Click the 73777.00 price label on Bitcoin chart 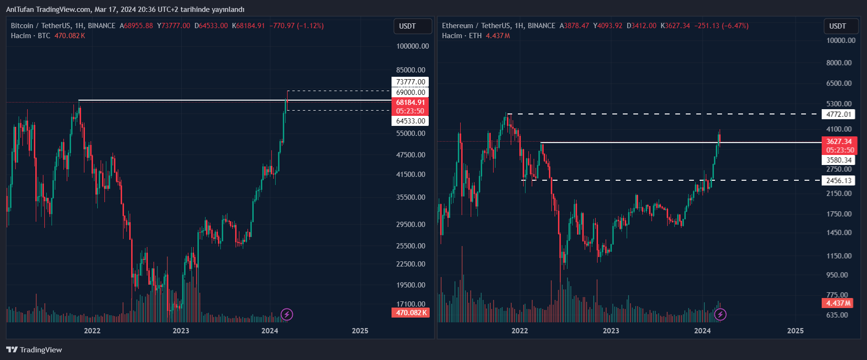(x=410, y=82)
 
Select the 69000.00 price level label (x=410, y=93)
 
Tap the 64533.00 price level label (x=410, y=121)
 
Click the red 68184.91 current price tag (x=410, y=103)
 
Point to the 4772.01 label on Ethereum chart (x=838, y=114)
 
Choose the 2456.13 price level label (x=838, y=181)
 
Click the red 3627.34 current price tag (x=839, y=142)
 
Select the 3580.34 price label (x=838, y=160)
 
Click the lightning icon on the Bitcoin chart (x=287, y=314)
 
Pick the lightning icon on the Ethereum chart (x=720, y=314)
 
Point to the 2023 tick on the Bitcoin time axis (x=181, y=331)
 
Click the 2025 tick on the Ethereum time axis (x=795, y=331)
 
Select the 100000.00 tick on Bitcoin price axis (x=413, y=46)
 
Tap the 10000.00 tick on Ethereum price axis (x=841, y=41)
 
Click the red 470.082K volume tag (x=410, y=313)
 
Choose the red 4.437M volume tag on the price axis (x=837, y=303)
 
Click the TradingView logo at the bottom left (x=34, y=350)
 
